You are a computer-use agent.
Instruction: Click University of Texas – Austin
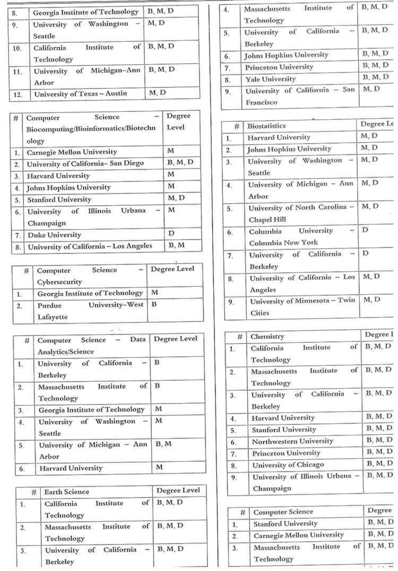[x=81, y=94]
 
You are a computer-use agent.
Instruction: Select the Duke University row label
[x=55, y=235]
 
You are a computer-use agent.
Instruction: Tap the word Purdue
[x=49, y=305]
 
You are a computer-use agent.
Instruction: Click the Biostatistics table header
[x=266, y=126]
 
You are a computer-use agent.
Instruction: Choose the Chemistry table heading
[x=267, y=337]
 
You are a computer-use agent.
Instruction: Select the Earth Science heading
[x=67, y=492]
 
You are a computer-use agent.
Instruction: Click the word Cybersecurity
[x=59, y=283]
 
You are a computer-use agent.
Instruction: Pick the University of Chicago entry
[x=288, y=465]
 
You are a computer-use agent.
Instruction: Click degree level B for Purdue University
[x=154, y=305]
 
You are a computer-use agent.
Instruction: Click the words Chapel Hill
[x=267, y=219]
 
